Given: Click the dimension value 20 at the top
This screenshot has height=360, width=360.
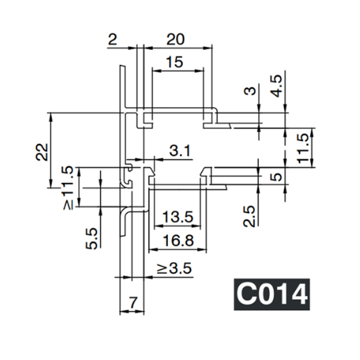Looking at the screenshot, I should (175, 40).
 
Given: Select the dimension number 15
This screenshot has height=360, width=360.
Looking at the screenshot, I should (175, 62).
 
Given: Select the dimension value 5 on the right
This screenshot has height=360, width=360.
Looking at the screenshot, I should (276, 177).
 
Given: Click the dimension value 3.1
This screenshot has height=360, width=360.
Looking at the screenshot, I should (179, 151).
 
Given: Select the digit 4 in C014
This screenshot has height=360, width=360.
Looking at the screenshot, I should (298, 295).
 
